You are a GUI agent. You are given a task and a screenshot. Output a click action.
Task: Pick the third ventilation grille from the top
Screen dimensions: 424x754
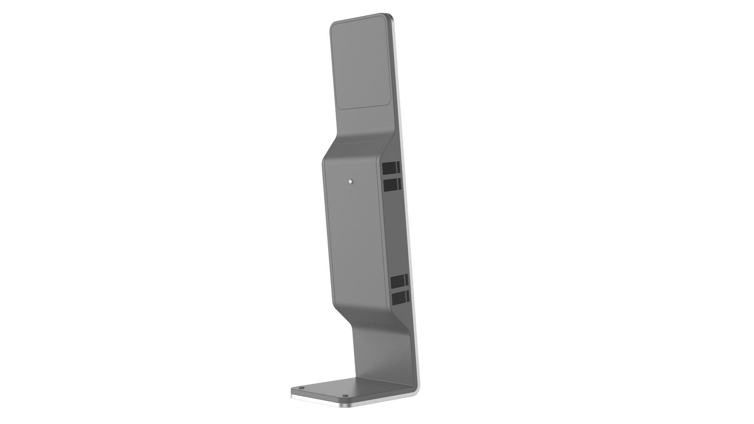pos(399,281)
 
